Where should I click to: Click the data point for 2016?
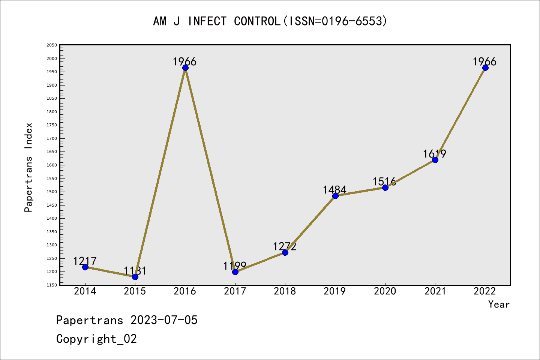[185, 68]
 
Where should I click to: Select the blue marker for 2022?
[485, 68]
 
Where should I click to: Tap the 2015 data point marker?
[135, 277]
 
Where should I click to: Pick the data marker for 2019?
[335, 196]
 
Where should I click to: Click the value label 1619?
[435, 154]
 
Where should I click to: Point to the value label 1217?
[85, 261]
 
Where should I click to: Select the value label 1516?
[384, 182]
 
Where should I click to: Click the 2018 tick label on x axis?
[285, 291]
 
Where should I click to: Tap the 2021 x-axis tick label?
[435, 291]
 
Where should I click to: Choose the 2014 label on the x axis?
[85, 291]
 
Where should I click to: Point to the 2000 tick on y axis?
[52, 58]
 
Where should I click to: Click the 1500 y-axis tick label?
[52, 192]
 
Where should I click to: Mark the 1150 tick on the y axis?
[52, 285]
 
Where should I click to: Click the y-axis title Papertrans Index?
[28, 167]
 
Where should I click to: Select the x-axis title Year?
[499, 304]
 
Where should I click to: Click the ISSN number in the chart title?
[354, 21]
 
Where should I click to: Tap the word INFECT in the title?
[207, 21]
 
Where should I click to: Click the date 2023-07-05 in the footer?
[164, 320]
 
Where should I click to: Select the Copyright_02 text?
[97, 339]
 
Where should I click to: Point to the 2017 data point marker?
[235, 272]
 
